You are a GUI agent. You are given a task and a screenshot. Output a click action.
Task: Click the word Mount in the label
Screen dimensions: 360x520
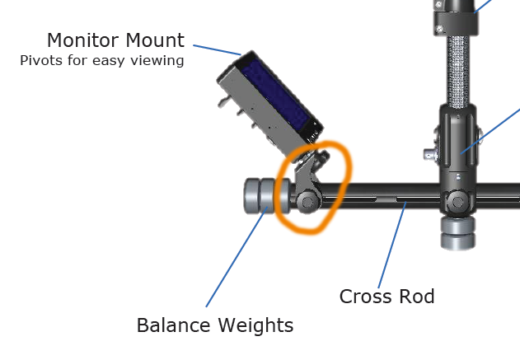[157, 40]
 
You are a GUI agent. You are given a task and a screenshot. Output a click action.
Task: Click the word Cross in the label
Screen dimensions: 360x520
[363, 296]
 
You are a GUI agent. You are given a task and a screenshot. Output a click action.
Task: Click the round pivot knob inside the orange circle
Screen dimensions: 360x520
[307, 200]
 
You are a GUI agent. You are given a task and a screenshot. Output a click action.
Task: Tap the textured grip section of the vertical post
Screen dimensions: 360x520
[456, 70]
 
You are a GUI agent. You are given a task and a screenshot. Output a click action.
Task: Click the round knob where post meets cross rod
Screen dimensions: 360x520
[457, 200]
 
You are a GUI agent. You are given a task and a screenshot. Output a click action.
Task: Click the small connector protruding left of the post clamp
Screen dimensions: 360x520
[429, 154]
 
